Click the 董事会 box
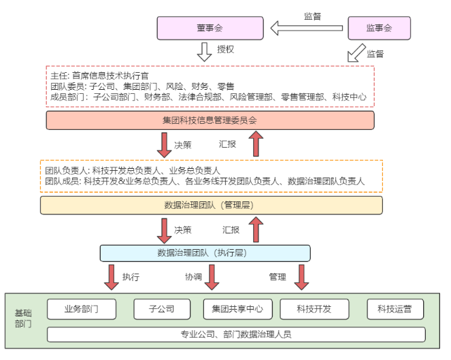[209, 28]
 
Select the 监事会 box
[379, 28]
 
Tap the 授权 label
[225, 50]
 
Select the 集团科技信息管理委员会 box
[210, 120]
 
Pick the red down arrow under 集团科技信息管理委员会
[164, 144]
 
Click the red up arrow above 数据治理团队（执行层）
[256, 230]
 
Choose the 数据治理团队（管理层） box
[211, 205]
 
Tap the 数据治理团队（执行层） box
[205, 253]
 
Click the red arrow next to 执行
[111, 277]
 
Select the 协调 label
[194, 277]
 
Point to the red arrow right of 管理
[300, 277]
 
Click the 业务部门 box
[82, 309]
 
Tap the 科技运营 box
[395, 309]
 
